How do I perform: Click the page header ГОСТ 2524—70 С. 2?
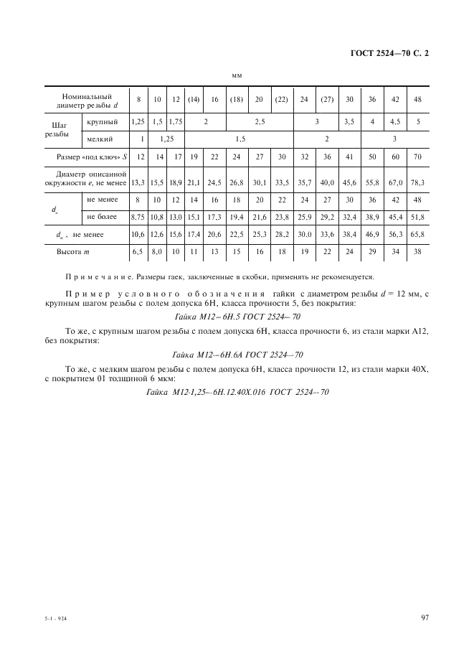click(392, 53)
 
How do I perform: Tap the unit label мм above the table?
click(237, 75)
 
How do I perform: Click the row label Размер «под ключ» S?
click(86, 157)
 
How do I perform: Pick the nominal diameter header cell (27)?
click(327, 100)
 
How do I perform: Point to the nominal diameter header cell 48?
click(419, 100)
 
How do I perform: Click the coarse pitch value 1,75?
click(176, 122)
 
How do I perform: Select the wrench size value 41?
click(349, 157)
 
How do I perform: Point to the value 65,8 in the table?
click(419, 234)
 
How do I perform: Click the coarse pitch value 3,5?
click(349, 122)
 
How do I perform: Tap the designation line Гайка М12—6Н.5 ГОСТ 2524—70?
click(237, 315)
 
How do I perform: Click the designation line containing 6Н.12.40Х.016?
click(237, 392)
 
